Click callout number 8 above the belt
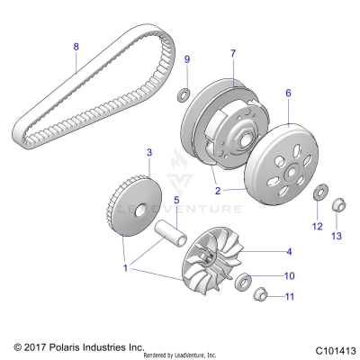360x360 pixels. (76, 45)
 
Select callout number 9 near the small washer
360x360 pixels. (187, 59)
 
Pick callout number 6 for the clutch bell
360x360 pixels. (289, 92)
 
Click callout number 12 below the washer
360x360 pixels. (317, 227)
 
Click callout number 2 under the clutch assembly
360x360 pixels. (217, 191)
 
